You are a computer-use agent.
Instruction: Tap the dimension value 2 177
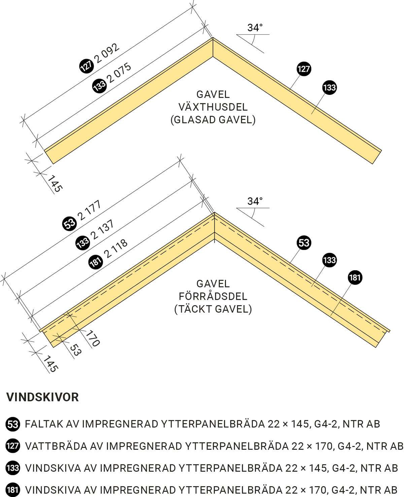click(x=90, y=210)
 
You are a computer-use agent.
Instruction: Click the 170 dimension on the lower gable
click(x=93, y=338)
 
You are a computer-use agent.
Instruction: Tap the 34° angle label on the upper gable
click(x=255, y=28)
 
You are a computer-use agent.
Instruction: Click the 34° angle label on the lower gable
click(x=255, y=201)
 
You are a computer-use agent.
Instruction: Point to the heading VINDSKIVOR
click(x=42, y=397)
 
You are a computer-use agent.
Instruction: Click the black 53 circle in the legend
click(x=12, y=424)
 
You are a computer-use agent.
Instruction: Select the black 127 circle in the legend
click(x=12, y=446)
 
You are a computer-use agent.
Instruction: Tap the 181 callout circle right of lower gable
click(x=355, y=277)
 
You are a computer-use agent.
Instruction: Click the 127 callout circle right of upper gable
click(x=304, y=69)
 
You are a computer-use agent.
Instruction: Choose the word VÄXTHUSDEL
click(x=213, y=107)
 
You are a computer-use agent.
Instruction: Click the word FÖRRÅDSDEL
click(x=213, y=296)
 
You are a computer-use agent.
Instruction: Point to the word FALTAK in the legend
click(x=44, y=424)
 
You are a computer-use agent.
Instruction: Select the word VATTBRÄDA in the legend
click(x=56, y=446)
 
